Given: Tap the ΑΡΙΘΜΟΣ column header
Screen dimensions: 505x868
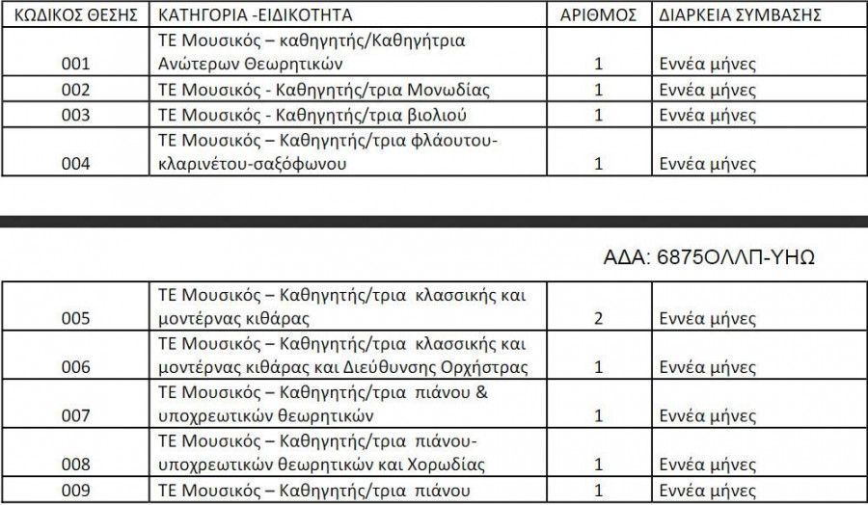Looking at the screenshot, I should click(599, 15).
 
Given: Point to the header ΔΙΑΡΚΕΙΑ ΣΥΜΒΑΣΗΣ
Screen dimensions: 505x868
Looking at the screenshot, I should click(740, 15).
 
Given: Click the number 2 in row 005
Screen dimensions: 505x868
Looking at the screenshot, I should click(599, 317).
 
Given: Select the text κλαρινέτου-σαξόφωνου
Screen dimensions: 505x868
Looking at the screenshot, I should click(251, 163).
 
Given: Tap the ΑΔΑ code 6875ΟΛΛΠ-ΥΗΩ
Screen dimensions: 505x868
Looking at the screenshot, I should click(710, 257).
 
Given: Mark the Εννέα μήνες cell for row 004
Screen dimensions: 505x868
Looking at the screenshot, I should click(707, 163).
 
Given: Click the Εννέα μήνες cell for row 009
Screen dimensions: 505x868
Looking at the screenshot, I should click(707, 490).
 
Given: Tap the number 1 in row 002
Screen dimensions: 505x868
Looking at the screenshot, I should click(599, 91).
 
